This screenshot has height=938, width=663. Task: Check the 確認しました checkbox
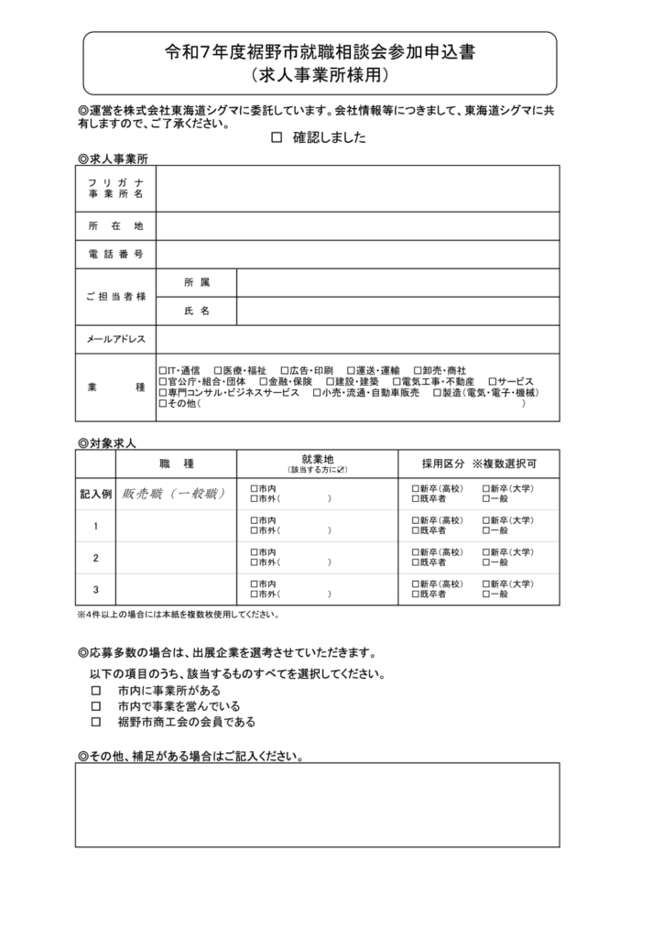point(277,138)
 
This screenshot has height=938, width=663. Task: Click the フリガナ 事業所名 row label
point(115,189)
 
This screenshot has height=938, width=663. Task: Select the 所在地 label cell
point(115,225)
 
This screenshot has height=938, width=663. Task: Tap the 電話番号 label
point(115,254)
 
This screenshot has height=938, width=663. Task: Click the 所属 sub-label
point(196,282)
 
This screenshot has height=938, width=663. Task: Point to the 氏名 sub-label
point(196,311)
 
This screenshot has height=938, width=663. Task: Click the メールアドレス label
point(115,340)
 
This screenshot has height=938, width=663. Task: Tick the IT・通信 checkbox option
point(163,369)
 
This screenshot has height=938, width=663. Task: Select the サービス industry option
point(493,381)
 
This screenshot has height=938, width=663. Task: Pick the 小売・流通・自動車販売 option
point(317,392)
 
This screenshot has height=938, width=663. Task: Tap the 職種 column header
point(176,464)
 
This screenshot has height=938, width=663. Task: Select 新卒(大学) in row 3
point(486,584)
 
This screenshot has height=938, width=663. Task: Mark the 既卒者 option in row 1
point(416,530)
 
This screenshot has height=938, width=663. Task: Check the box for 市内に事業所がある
point(95,691)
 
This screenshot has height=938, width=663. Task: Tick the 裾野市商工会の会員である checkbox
point(95,722)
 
